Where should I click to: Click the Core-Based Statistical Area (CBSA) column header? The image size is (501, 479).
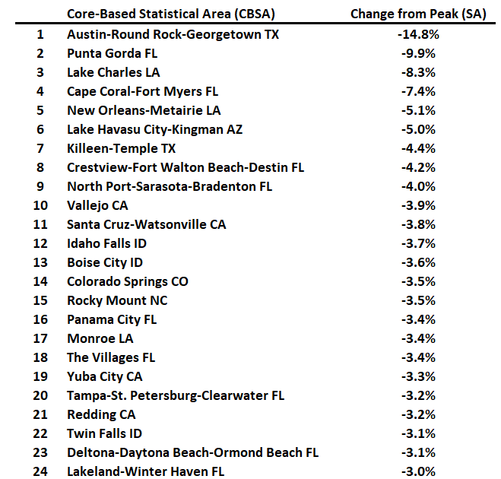point(170,14)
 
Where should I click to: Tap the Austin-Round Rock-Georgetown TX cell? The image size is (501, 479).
point(173,34)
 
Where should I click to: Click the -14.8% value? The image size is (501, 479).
point(417,34)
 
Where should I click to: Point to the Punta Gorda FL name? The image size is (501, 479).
point(112,53)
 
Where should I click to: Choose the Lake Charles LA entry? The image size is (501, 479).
point(114,72)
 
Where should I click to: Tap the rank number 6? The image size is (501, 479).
point(40,129)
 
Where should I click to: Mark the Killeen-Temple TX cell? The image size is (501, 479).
point(121,148)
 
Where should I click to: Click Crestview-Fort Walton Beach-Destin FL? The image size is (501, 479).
point(185,167)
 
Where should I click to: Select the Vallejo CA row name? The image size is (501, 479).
point(97,205)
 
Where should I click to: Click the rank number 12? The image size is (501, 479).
point(40,243)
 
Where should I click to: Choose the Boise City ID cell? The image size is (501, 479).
point(105,262)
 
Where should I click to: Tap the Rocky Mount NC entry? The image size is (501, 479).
point(117,300)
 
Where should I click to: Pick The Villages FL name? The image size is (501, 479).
point(111,357)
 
